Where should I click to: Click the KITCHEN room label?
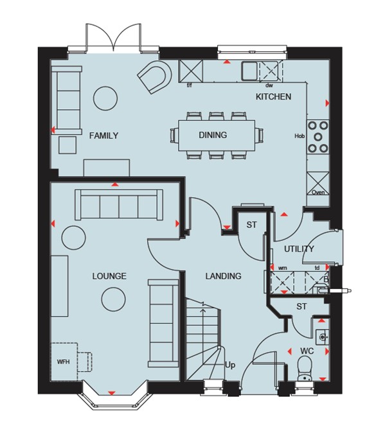[x=273, y=97]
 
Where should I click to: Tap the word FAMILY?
[x=104, y=136]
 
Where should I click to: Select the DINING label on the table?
[x=213, y=135]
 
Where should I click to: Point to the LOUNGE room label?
[x=109, y=276]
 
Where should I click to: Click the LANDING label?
[x=223, y=276]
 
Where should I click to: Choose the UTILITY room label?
[x=299, y=249]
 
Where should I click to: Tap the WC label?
[x=307, y=351]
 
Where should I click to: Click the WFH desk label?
[x=63, y=362]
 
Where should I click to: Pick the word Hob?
[x=300, y=136]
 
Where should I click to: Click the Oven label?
[x=318, y=193]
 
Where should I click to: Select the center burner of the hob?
[x=318, y=137]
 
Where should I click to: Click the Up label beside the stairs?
[x=230, y=365]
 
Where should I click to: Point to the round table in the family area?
[x=105, y=98]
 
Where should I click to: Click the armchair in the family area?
[x=155, y=77]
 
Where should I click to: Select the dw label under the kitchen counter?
[x=269, y=85]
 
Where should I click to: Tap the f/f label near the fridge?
[x=190, y=85]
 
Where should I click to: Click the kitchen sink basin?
[x=249, y=70]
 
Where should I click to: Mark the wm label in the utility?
[x=282, y=268]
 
